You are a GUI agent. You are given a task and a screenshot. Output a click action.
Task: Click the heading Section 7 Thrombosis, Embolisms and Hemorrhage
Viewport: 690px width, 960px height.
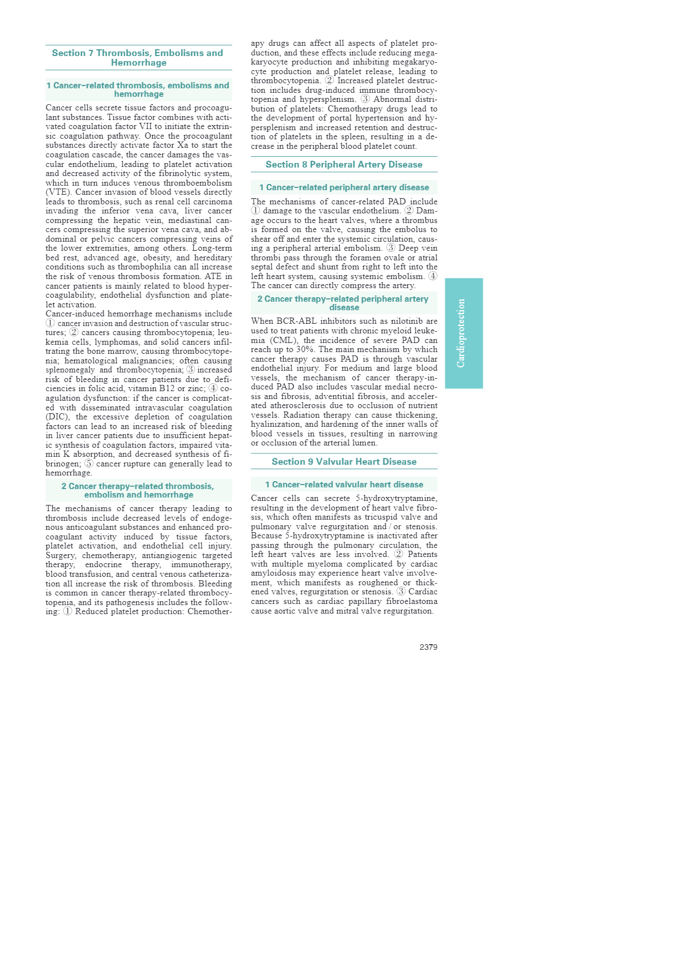point(138,58)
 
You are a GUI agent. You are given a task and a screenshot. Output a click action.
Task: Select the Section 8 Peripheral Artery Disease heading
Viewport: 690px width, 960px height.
point(344,165)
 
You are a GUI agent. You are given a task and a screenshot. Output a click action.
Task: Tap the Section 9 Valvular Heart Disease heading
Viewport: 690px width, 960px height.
point(344,462)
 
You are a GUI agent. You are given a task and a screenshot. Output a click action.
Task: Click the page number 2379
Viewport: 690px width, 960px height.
point(428,647)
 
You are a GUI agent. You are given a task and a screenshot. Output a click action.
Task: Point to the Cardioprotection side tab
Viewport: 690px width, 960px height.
point(463,333)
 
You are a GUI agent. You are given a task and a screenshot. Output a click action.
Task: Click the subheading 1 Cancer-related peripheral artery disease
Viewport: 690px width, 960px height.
point(344,187)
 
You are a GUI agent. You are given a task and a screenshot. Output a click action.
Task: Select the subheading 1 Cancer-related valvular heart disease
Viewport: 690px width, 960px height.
point(344,485)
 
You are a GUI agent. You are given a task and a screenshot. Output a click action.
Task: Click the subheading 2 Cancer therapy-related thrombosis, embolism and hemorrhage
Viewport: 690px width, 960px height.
point(138,490)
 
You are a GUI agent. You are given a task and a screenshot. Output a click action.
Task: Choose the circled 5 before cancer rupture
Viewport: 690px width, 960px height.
point(89,464)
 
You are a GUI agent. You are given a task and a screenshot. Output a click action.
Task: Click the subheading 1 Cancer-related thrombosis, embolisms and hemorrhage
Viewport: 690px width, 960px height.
point(138,89)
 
